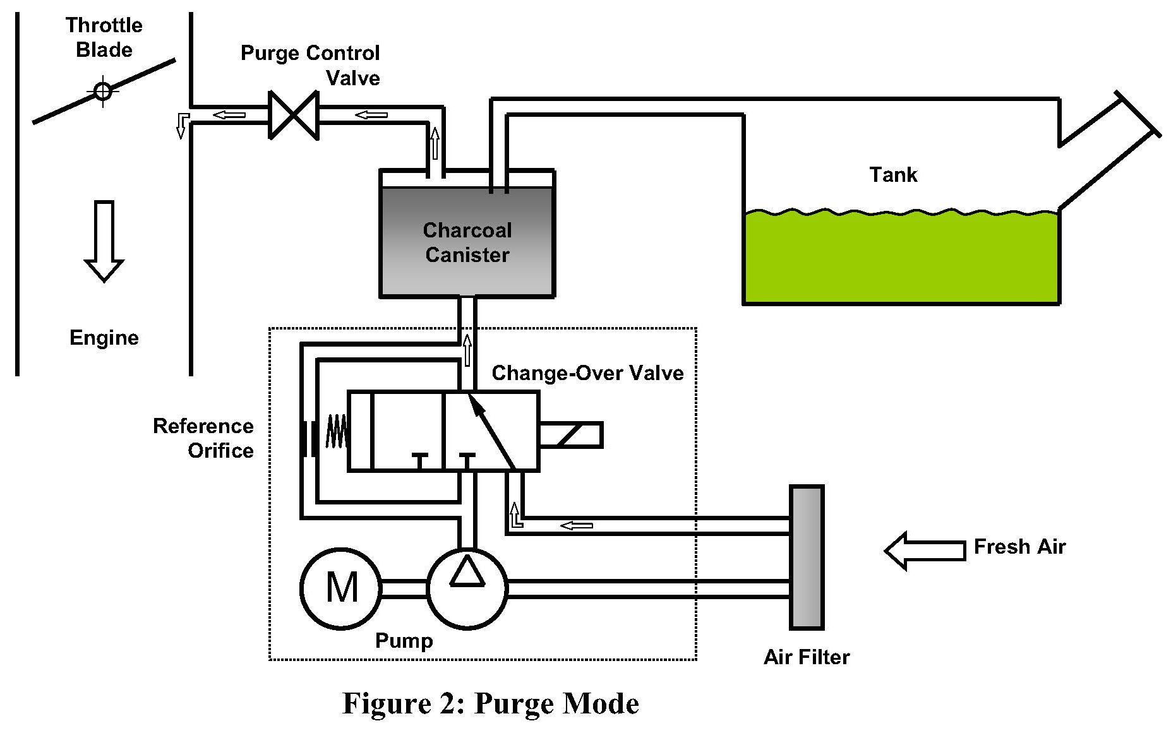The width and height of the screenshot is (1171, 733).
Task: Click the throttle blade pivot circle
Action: coord(103,92)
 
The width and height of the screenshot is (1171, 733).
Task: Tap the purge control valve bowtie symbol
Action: coord(294,115)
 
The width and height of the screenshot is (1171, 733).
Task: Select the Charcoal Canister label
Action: coord(467,242)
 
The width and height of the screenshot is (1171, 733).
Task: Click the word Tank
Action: coord(892,175)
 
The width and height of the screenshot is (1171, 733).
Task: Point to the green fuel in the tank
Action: coord(901,259)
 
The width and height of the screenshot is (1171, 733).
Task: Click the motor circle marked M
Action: coord(341,588)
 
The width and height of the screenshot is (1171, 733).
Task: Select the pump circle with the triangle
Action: coord(467,588)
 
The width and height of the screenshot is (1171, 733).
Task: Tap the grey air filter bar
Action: coord(807,557)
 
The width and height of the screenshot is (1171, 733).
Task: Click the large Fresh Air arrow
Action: coord(925,551)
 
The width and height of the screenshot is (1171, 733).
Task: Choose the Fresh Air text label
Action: coord(1019,547)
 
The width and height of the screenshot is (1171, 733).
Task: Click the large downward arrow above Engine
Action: coord(104,241)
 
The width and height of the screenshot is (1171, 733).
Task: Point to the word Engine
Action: coord(104,338)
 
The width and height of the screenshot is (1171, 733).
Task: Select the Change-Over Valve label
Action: coord(587,373)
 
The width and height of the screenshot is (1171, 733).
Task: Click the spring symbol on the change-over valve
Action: coord(336,431)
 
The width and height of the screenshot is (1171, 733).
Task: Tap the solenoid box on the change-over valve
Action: coord(571,435)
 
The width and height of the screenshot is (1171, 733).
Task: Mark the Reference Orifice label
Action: coord(203,438)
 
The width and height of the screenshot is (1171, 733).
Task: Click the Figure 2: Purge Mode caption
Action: coord(491,703)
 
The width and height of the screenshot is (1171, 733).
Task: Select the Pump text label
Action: coord(404,641)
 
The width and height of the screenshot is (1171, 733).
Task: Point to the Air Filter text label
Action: coord(807,657)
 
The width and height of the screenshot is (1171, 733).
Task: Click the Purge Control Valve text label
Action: coord(311,65)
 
